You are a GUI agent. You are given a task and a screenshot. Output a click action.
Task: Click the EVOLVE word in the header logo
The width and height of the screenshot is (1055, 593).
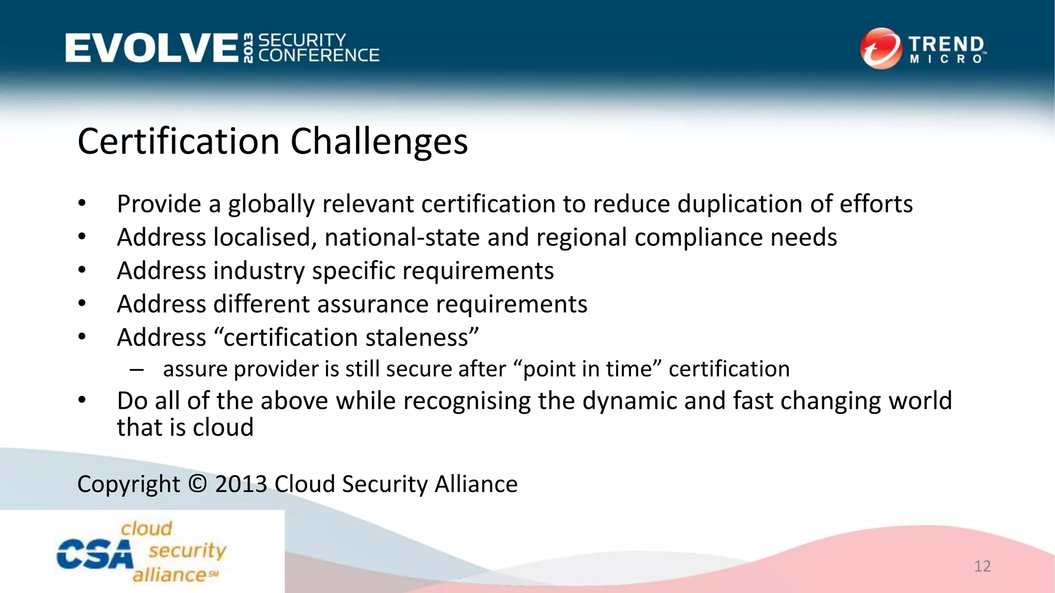pyautogui.click(x=151, y=48)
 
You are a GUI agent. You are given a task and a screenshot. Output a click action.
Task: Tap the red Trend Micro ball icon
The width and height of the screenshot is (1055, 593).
pyautogui.click(x=880, y=48)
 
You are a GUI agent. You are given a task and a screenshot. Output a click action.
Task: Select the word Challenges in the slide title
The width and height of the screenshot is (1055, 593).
pyautogui.click(x=379, y=142)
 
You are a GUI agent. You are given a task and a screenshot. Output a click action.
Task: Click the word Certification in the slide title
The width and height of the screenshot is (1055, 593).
pyautogui.click(x=178, y=142)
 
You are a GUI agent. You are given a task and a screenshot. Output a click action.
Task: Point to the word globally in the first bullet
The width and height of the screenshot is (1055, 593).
pyautogui.click(x=271, y=204)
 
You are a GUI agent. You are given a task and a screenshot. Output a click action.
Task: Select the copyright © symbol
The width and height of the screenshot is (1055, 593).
pyautogui.click(x=197, y=484)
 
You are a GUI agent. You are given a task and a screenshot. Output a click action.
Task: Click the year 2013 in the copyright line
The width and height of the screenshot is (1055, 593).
pyautogui.click(x=241, y=484)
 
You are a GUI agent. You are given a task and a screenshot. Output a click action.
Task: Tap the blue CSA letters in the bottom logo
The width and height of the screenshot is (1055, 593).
pyautogui.click(x=94, y=554)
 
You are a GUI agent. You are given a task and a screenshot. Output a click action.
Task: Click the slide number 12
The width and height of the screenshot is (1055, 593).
pyautogui.click(x=982, y=566)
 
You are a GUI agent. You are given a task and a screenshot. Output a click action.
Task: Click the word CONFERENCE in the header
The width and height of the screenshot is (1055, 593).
pyautogui.click(x=318, y=56)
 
